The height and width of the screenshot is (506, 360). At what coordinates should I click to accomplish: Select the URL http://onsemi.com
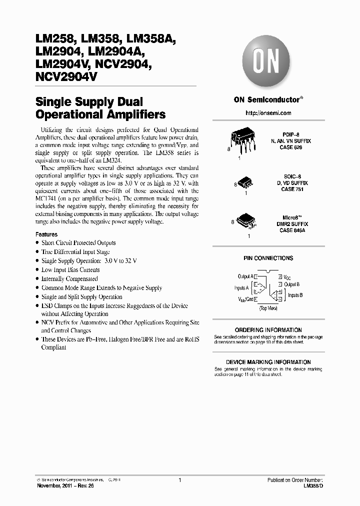[268, 113]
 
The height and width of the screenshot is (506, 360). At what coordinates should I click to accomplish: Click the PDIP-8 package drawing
[244, 140]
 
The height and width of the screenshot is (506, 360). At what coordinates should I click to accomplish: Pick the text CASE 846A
[293, 230]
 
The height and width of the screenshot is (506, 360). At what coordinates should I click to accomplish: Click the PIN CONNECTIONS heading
[268, 258]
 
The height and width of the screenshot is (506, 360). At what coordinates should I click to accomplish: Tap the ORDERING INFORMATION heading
[268, 330]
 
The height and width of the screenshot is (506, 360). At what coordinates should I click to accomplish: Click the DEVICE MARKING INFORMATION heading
[268, 362]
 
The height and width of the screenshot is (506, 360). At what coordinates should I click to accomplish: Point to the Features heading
[46, 234]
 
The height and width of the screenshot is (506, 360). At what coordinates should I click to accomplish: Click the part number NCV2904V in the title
[66, 77]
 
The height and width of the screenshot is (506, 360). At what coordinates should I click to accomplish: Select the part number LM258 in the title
[53, 38]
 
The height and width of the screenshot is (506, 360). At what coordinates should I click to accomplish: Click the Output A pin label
[245, 276]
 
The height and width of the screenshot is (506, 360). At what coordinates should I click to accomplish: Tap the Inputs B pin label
[295, 295]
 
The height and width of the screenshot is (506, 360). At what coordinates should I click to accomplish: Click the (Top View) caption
[268, 308]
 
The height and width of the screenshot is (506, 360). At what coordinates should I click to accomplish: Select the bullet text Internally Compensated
[69, 279]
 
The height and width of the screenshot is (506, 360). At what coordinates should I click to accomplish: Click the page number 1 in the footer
[179, 480]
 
